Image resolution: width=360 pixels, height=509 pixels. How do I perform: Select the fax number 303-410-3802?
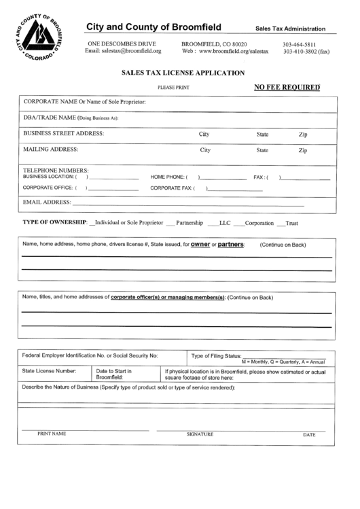click(x=306, y=52)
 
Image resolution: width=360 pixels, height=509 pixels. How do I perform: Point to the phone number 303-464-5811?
click(x=300, y=44)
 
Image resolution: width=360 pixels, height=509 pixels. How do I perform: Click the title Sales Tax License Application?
click(x=183, y=71)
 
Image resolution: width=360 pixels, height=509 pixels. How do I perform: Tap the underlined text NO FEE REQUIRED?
click(x=286, y=87)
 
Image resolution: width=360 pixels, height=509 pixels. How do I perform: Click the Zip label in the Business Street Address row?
click(x=303, y=135)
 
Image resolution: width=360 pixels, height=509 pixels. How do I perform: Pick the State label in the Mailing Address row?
click(x=262, y=150)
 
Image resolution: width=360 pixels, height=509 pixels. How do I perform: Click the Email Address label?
click(x=48, y=202)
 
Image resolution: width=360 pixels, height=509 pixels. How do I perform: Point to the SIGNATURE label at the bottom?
click(x=200, y=434)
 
